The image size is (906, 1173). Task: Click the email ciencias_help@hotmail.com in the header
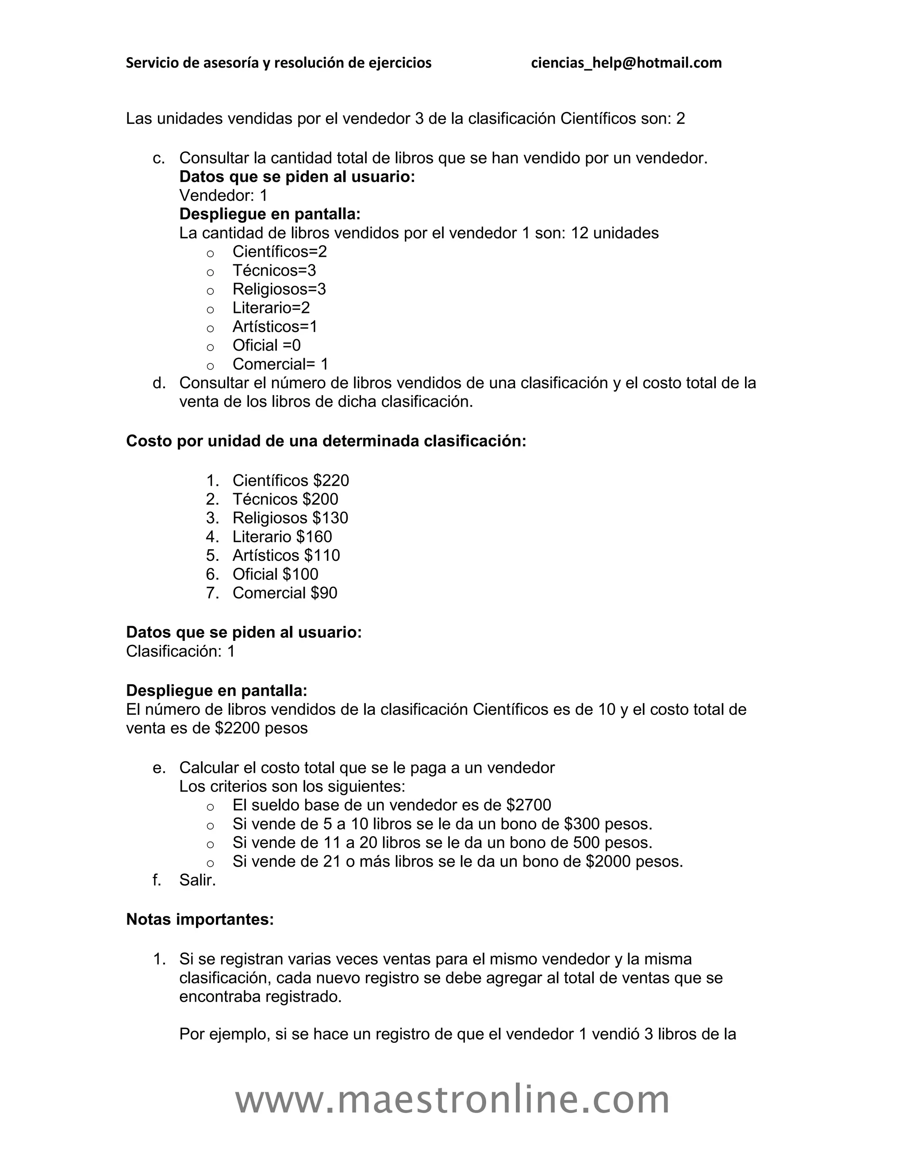[626, 63]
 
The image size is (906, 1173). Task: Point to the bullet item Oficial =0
[266, 345]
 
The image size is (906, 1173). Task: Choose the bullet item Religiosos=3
[279, 289]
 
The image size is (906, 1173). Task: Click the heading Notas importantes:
[200, 919]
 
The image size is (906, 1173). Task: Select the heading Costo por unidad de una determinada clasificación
[326, 441]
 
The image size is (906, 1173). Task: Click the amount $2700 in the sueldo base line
[528, 805]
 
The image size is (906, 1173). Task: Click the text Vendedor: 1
[223, 196]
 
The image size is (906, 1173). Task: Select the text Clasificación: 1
[180, 652]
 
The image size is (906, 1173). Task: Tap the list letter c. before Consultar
[158, 158]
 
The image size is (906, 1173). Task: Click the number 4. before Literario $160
[212, 536]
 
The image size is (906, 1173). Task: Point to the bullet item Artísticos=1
[275, 327]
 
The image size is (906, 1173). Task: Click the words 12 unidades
[614, 233]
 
